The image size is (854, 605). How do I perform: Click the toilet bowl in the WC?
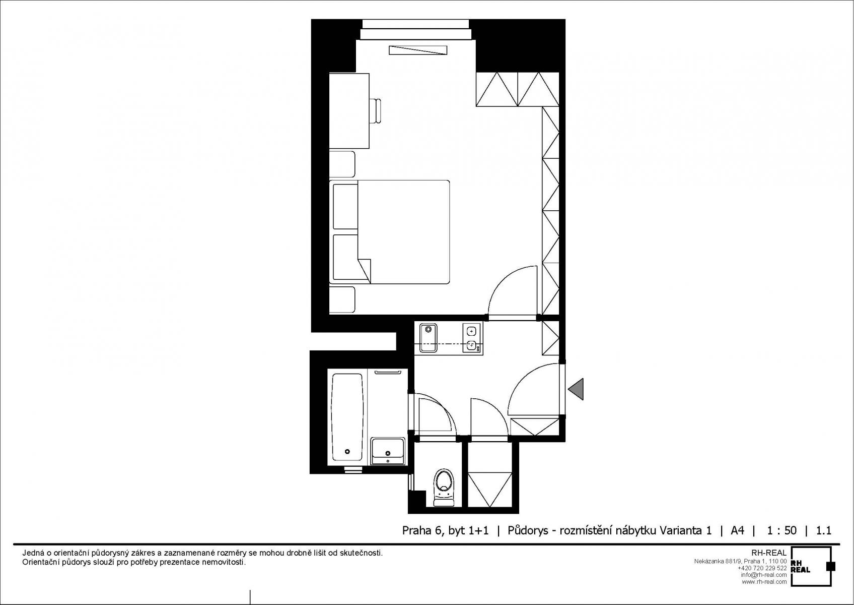point(444,487)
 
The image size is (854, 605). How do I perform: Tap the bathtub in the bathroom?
point(347,417)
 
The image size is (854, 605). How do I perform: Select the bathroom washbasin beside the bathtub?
point(388,451)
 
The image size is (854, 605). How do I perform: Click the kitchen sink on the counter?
point(428,338)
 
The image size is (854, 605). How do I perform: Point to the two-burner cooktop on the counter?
point(472,338)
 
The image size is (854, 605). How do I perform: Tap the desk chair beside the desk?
point(376,111)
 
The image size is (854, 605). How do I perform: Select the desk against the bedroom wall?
point(349,111)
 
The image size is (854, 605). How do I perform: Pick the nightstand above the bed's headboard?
point(342,164)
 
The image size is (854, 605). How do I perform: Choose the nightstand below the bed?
point(342,300)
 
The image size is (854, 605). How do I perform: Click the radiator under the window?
point(418,50)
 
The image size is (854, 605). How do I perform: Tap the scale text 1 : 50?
point(781,530)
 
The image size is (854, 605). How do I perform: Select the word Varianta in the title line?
point(680,530)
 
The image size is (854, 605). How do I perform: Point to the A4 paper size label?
point(737,530)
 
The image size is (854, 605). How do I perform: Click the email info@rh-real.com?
point(764,575)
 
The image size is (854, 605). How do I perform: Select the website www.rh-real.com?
point(764,582)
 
